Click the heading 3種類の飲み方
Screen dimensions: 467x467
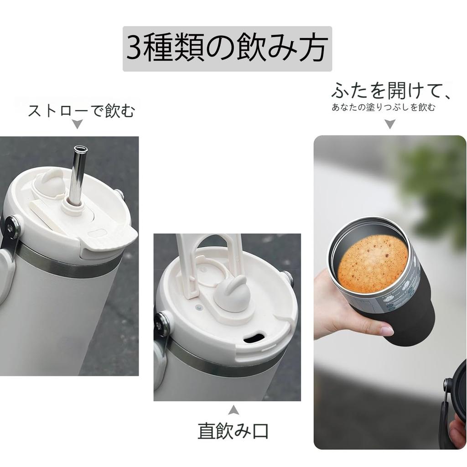(227, 49)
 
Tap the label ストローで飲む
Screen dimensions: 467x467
(82, 111)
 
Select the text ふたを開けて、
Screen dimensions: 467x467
(391, 91)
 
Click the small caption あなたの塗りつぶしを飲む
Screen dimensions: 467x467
(384, 108)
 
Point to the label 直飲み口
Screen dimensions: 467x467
(233, 430)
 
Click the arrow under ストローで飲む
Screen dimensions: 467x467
(78, 124)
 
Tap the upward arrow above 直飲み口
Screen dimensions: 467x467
(233, 410)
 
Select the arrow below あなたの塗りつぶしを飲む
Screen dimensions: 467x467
(389, 124)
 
